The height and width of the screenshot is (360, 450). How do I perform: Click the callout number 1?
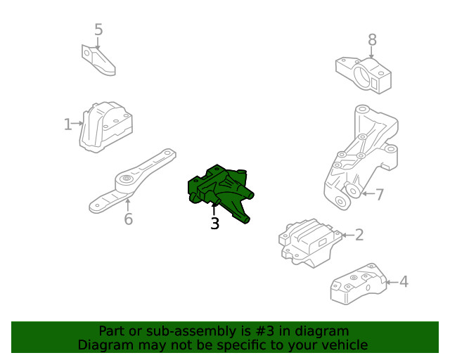[x=67, y=124]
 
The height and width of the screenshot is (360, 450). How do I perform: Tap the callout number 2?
[x=359, y=235]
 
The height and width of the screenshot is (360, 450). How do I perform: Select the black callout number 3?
[x=214, y=224]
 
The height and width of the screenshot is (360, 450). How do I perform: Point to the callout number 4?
[x=403, y=282]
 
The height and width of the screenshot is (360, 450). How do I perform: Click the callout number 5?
[x=98, y=30]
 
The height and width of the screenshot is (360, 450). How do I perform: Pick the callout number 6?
[x=128, y=219]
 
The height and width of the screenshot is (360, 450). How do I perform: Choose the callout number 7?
[x=379, y=194]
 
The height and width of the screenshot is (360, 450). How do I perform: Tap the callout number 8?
[x=372, y=40]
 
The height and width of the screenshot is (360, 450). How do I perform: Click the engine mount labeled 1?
[x=106, y=127]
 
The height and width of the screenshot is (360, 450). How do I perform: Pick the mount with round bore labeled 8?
[x=363, y=74]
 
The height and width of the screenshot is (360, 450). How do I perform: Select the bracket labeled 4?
[x=359, y=284]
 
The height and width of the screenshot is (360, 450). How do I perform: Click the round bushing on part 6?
[x=126, y=182]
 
